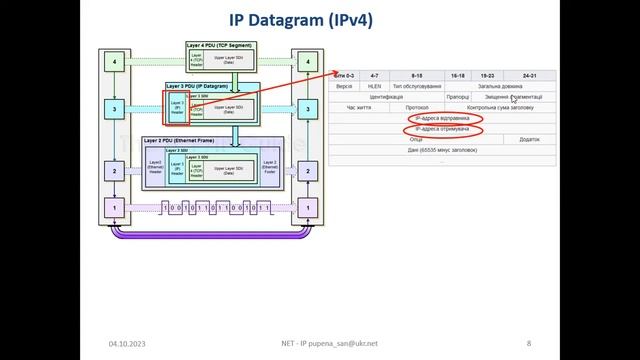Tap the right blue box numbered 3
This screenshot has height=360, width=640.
tap(311, 107)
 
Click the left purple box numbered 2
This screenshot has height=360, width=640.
tap(114, 171)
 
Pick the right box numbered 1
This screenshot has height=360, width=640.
tap(311, 208)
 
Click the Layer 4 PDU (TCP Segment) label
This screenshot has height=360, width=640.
tap(219, 45)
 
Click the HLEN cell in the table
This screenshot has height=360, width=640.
tap(375, 86)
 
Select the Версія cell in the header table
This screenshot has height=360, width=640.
tap(344, 86)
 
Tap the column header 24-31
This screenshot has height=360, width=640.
tap(529, 75)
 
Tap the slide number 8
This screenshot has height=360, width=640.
tap(528, 343)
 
